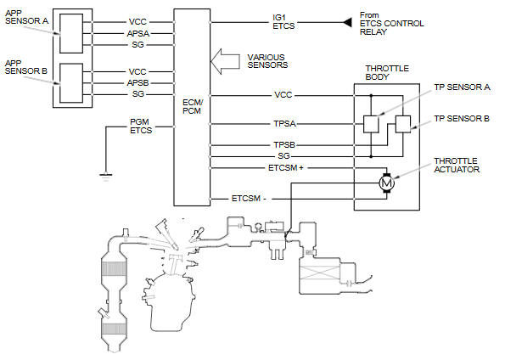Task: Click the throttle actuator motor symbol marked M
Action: point(386,183)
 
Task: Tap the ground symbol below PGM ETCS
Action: point(106,177)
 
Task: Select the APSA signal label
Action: point(138,33)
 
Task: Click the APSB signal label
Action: point(137,83)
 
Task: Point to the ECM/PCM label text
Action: point(193,107)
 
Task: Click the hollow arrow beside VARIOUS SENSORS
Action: point(225,61)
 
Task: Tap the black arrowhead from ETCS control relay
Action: point(347,23)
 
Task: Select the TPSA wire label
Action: point(284,124)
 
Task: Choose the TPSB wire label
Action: point(284,145)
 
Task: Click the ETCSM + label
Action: point(286,168)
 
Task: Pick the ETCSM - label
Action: point(249,198)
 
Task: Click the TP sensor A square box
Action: point(371,124)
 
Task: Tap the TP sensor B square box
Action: point(403,124)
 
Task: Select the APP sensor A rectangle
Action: point(71,33)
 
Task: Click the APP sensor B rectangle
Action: point(71,83)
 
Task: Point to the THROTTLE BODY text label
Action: point(387,72)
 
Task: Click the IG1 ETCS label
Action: point(283,21)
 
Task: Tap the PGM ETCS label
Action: point(141,126)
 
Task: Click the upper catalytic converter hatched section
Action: point(114,268)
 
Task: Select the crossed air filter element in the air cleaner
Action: point(319,273)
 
